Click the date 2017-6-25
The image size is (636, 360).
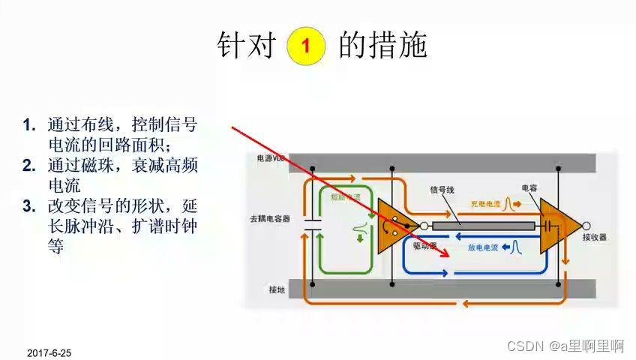[x=49, y=352]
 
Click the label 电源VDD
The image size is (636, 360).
[x=272, y=159]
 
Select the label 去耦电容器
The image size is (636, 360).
[x=270, y=219]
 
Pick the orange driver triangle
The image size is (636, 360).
[x=395, y=225]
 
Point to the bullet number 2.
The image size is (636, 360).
[x=29, y=164]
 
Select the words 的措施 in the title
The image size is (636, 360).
[x=383, y=45]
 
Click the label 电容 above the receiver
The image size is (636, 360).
[x=529, y=188]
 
